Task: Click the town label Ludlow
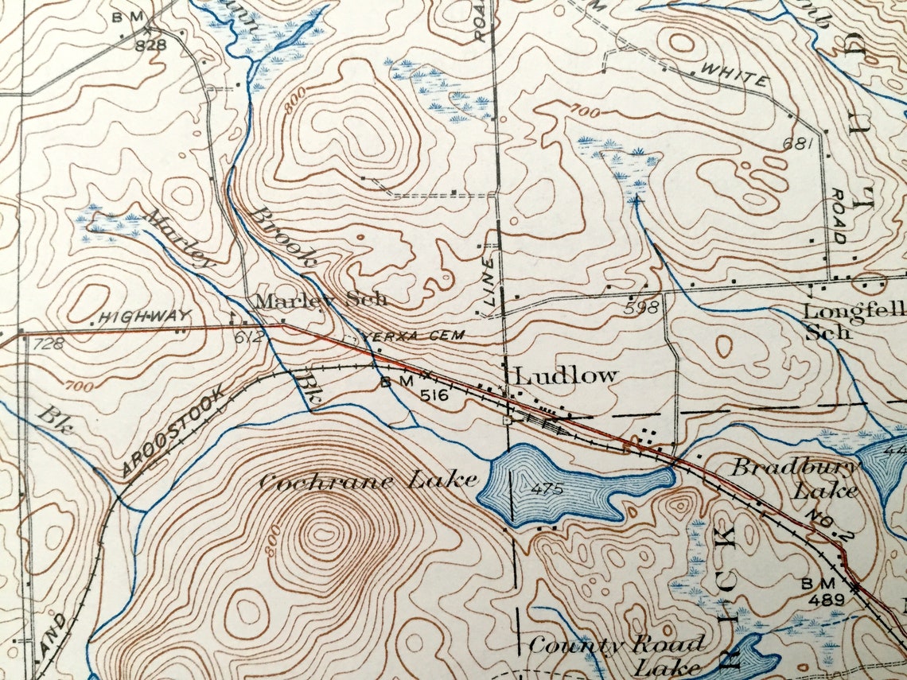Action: click(565, 375)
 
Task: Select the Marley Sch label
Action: click(321, 300)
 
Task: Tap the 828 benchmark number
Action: click(150, 45)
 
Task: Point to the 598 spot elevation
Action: click(643, 308)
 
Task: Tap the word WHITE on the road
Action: click(734, 77)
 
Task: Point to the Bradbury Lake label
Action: click(796, 477)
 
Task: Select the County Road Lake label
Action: click(617, 654)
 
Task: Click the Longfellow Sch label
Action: click(851, 320)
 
